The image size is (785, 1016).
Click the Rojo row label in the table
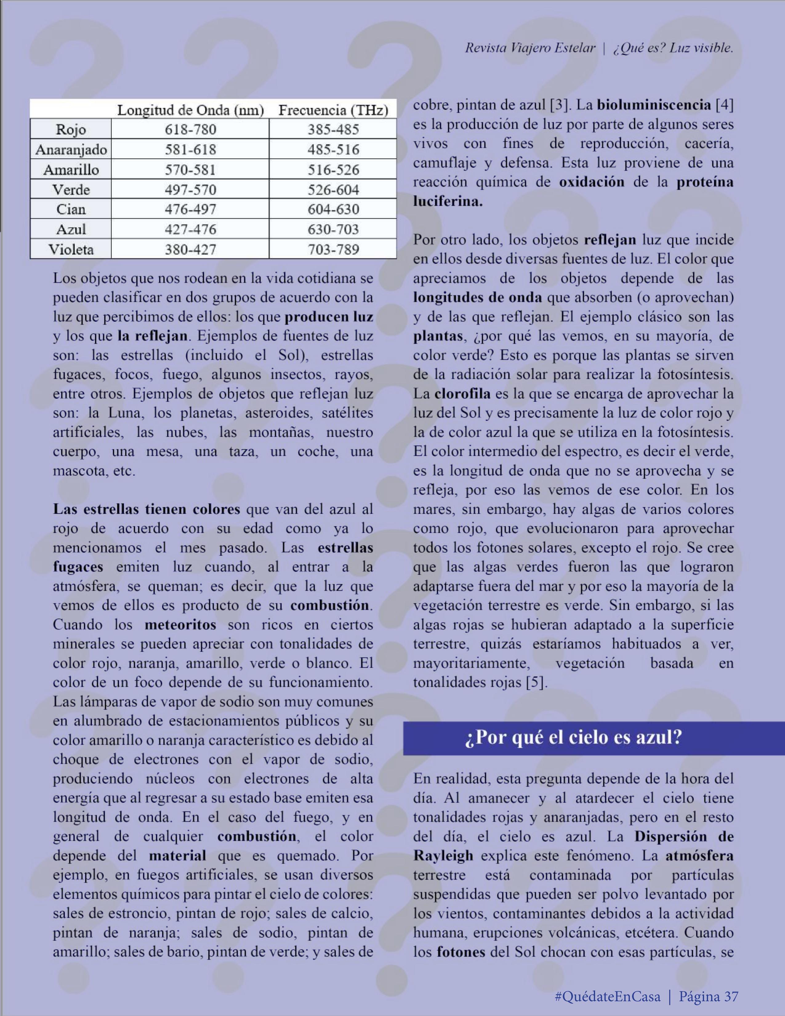click(71, 129)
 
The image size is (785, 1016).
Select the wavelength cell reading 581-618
click(190, 149)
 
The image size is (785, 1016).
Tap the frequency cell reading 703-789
click(333, 249)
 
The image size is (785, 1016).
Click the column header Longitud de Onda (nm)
click(190, 110)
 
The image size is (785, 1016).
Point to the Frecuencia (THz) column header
click(333, 110)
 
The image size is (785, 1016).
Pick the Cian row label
click(71, 209)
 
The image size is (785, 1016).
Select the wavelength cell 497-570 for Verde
click(190, 189)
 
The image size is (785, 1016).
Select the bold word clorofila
click(462, 394)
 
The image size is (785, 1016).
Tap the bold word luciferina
click(448, 201)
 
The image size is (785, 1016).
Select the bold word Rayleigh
click(443, 856)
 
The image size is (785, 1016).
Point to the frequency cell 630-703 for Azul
click(333, 229)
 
